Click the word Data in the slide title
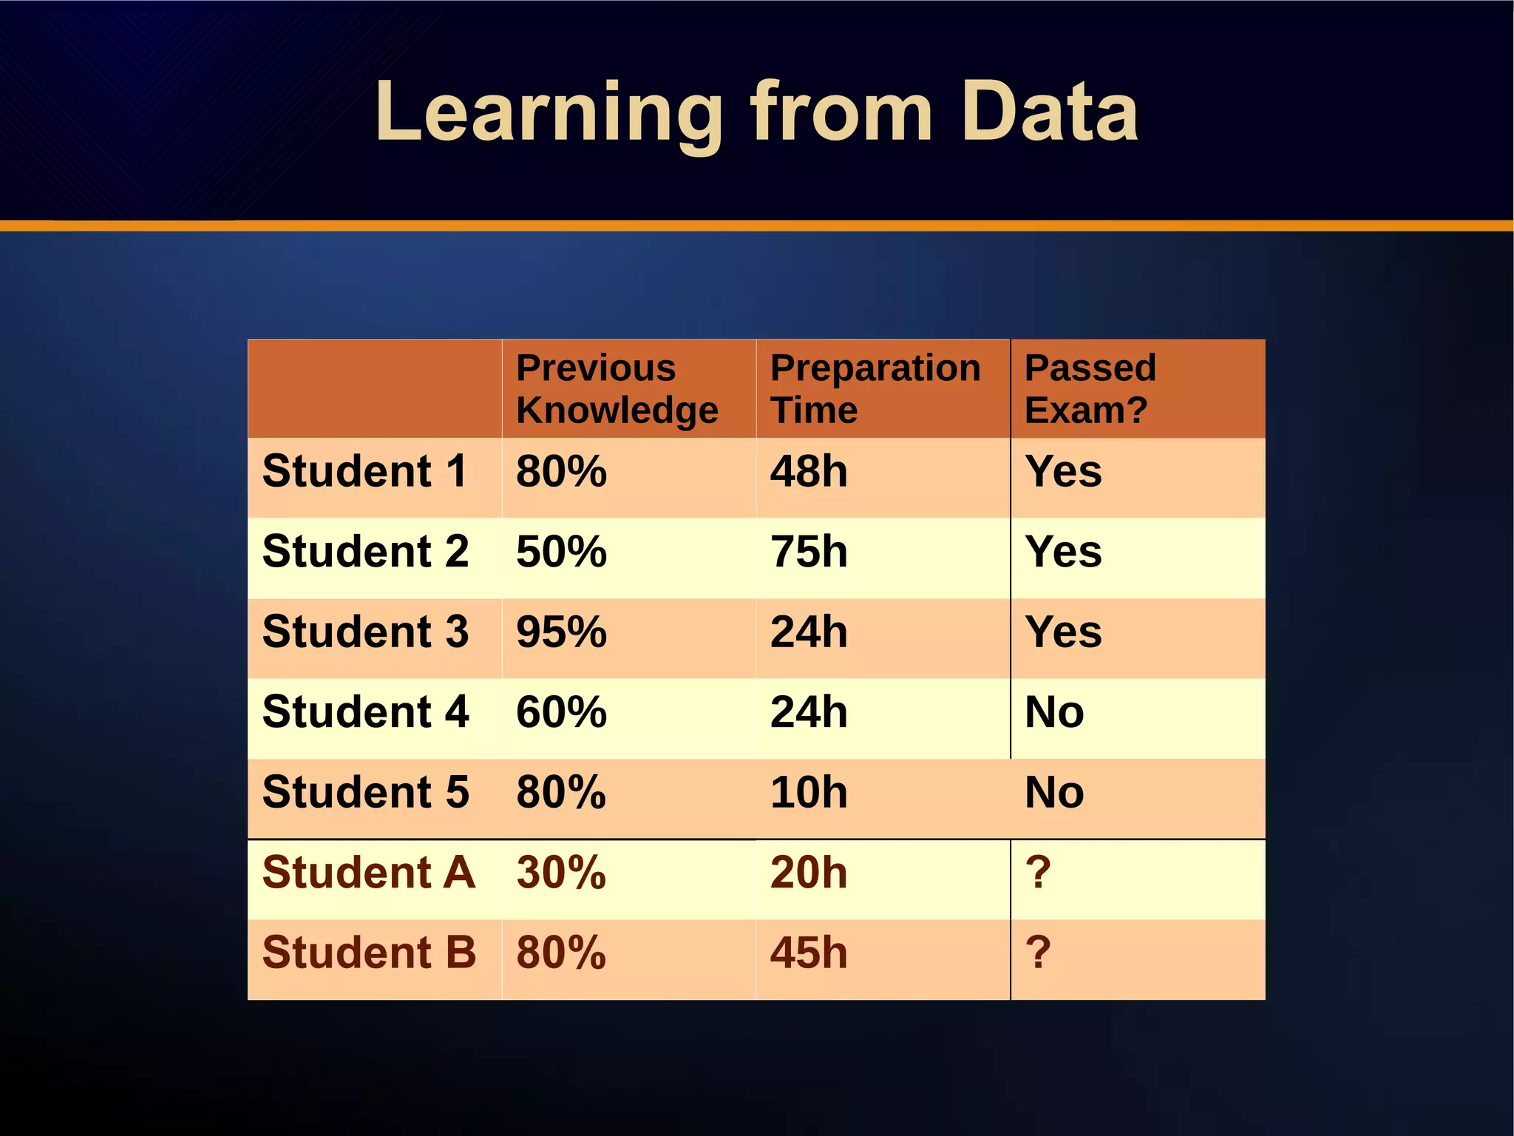point(1050,112)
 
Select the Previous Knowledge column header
point(617,388)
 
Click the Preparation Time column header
point(875,388)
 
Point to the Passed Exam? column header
point(1090,388)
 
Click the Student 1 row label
point(364,471)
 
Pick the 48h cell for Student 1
point(808,471)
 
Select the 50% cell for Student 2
point(561,552)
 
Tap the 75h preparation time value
point(808,552)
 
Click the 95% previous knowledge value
point(561,632)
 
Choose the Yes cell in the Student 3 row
point(1062,632)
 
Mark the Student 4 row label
point(365,712)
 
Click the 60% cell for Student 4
point(561,712)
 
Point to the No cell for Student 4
point(1053,712)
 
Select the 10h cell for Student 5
point(808,792)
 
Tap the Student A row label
point(368,873)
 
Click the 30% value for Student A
point(561,873)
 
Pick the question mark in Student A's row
point(1037,873)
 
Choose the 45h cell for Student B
point(808,953)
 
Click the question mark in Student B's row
point(1037,953)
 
